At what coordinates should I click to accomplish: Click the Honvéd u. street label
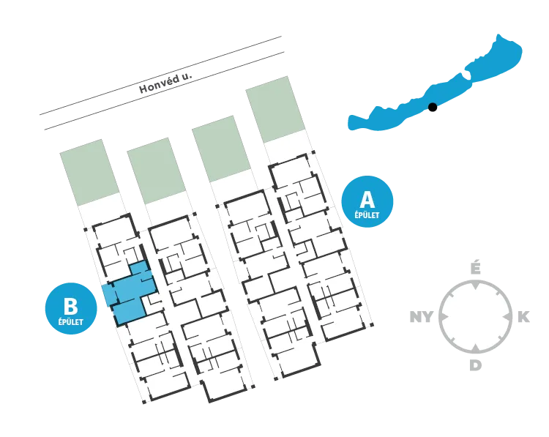[x=165, y=83]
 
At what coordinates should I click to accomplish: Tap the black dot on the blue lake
[x=433, y=107]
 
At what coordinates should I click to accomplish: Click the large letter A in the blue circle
[x=367, y=200]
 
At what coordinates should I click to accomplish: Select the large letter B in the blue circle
[x=71, y=306]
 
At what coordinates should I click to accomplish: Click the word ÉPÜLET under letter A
[x=367, y=214]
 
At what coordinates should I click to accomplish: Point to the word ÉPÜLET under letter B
[x=71, y=321]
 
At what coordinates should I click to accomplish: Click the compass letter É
[x=475, y=268]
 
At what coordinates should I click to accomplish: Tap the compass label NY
[x=421, y=317]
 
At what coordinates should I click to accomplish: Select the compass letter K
[x=523, y=317]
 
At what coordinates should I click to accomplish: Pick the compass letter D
[x=475, y=365]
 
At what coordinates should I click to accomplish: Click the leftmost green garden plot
[x=89, y=172]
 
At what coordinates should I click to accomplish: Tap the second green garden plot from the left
[x=156, y=171]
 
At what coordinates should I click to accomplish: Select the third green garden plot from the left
[x=221, y=149]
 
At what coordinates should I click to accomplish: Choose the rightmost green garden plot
[x=275, y=109]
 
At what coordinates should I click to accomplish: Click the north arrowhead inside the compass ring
[x=475, y=286]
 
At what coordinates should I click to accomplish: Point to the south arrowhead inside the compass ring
[x=475, y=348]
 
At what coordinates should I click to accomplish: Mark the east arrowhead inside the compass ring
[x=507, y=317]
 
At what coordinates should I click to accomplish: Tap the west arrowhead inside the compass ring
[x=444, y=317]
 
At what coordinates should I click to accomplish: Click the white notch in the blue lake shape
[x=466, y=74]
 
